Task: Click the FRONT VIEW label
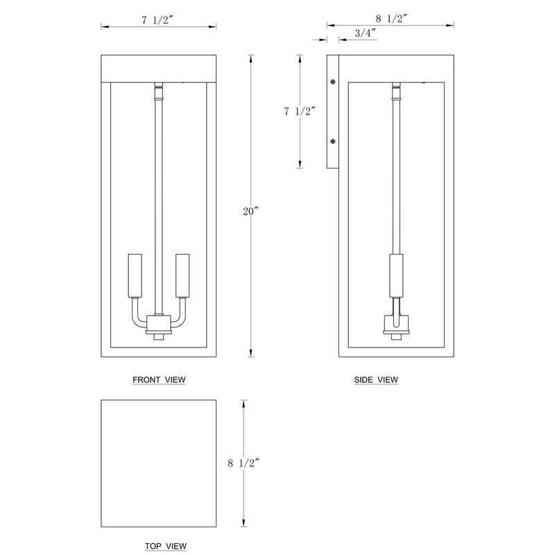[x=159, y=379]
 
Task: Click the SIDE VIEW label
[x=376, y=379]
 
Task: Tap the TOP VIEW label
[x=166, y=546]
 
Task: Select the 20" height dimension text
[x=251, y=212]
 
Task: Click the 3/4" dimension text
[x=365, y=33]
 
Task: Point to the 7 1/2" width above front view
[x=158, y=20]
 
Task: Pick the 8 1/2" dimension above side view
[x=392, y=19]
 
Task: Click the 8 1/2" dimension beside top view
[x=244, y=463]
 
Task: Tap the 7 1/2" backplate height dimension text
[x=300, y=111]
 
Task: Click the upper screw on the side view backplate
[x=333, y=82]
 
